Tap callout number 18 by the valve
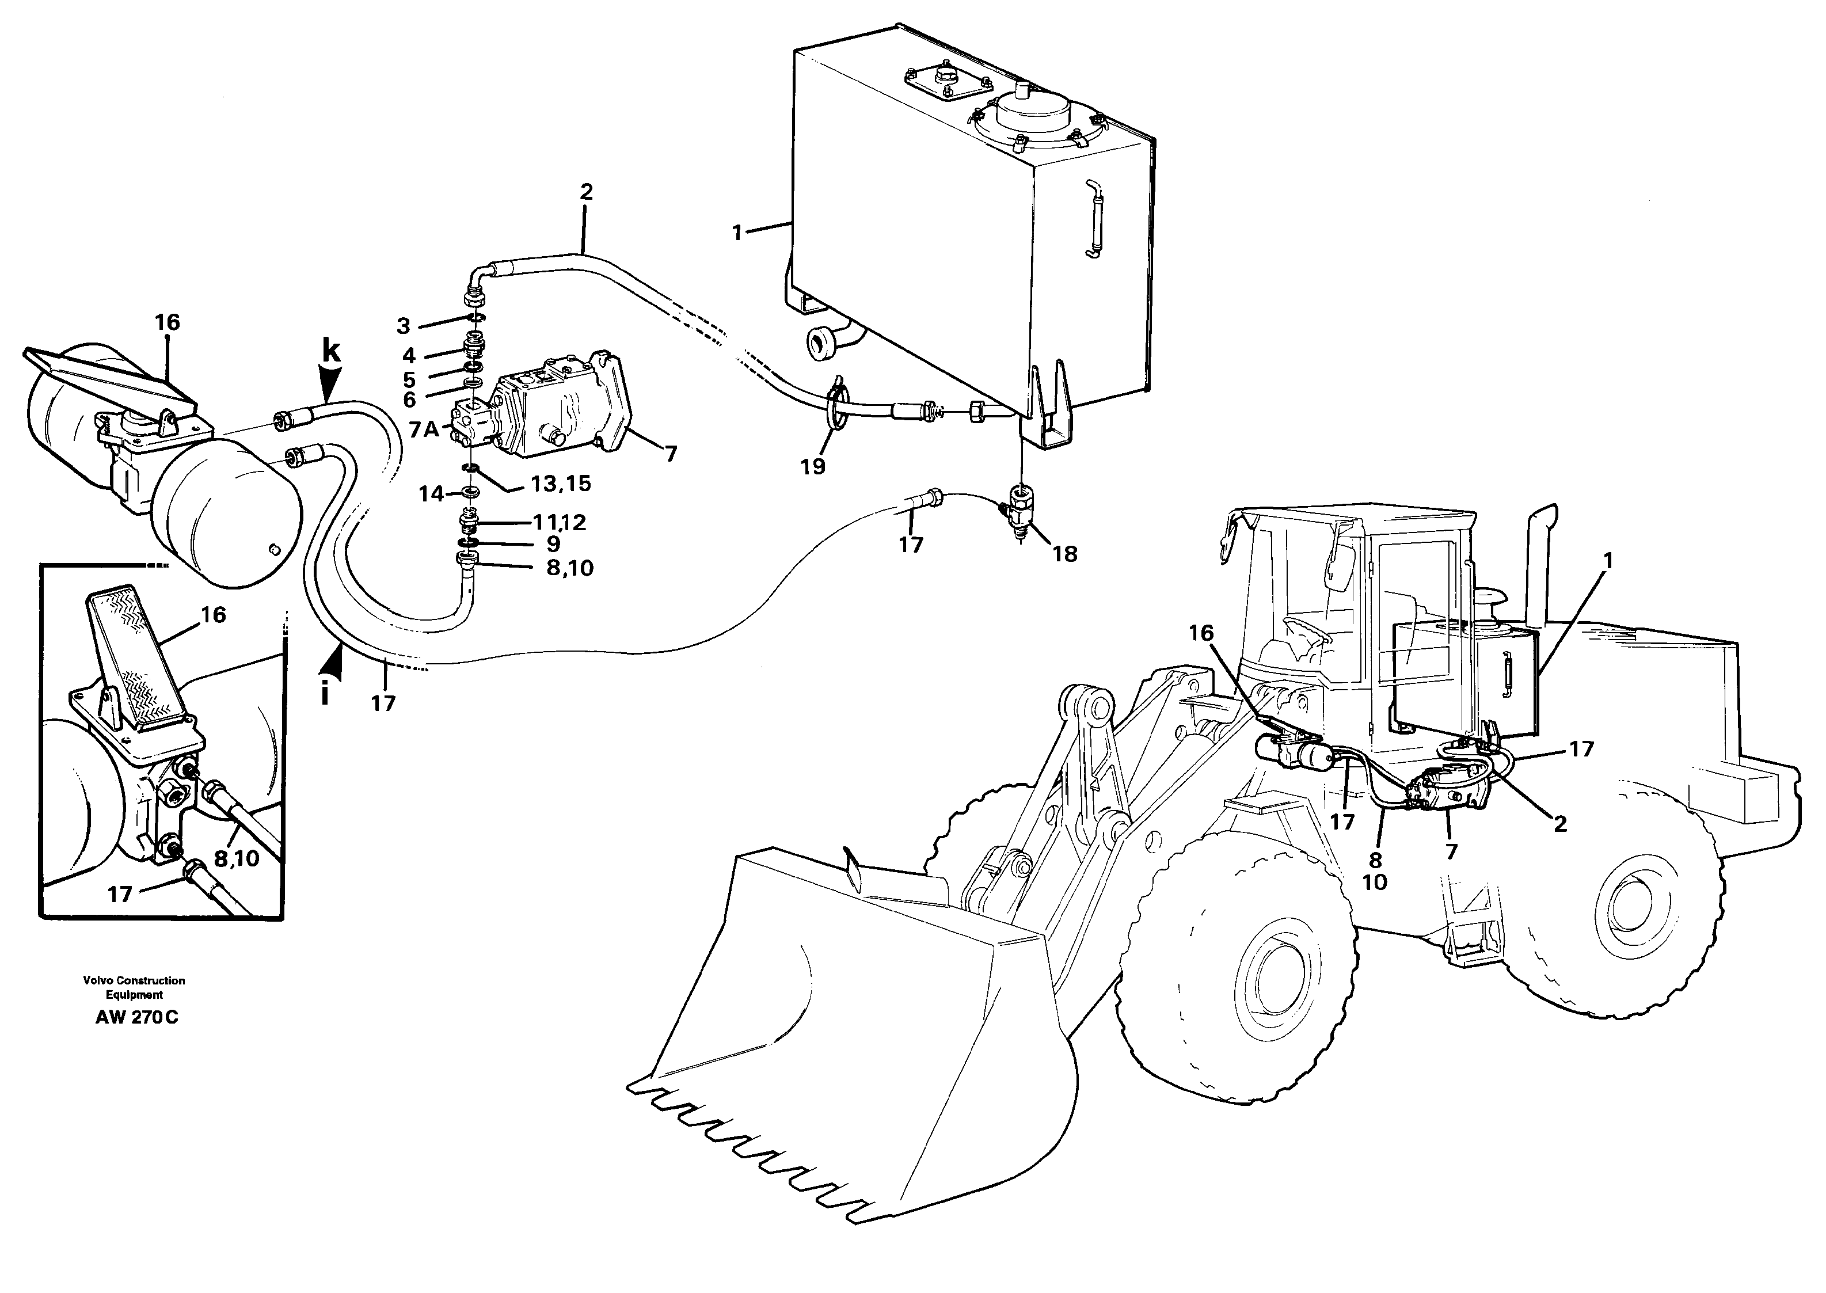tap(1064, 554)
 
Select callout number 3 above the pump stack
tap(404, 326)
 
